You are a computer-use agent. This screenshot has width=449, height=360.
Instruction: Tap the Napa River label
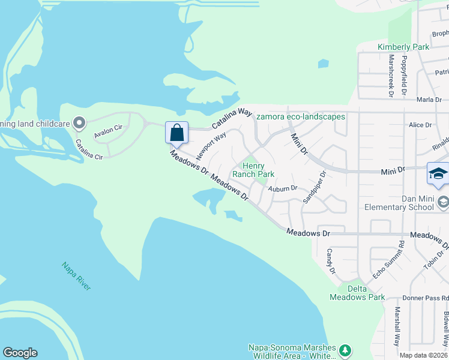pos(76,276)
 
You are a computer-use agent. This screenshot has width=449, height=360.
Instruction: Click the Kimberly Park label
pos(403,47)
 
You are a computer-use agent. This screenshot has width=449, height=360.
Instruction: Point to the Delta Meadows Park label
pos(357,292)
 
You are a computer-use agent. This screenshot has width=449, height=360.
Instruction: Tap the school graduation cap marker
pos(438,173)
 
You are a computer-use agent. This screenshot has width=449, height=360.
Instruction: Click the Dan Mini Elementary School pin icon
pos(443,201)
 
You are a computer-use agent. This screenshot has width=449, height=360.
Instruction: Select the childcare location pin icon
pos(79,124)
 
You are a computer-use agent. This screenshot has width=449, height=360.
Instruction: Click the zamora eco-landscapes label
pos(301,116)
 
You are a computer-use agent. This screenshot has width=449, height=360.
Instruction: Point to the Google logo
pos(20,353)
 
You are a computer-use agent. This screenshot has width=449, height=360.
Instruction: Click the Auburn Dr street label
pos(283,188)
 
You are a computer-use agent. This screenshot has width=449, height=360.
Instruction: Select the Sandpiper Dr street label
pos(314,188)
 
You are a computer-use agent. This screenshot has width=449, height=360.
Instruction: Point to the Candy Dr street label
pos(331,262)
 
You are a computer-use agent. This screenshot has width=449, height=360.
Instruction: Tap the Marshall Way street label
pos(397,327)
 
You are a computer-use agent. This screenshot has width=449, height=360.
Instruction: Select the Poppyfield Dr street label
pos(405,76)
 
